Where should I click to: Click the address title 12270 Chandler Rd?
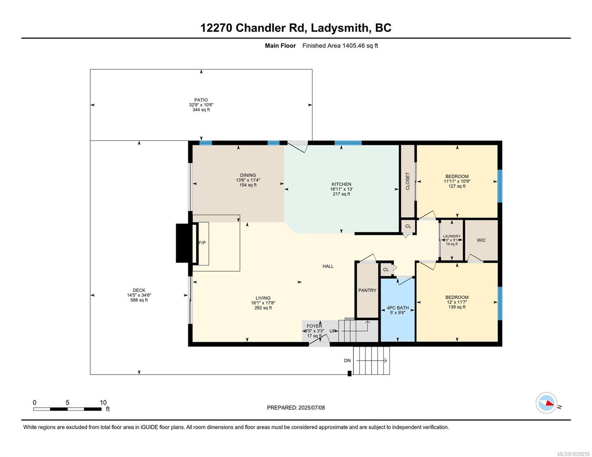296,28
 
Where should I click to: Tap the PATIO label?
201,100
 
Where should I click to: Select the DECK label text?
139,290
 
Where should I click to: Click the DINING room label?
248,175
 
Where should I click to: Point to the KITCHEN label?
341,184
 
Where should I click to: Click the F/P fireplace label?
202,243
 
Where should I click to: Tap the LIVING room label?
263,298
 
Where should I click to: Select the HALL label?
328,266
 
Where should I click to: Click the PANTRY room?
367,290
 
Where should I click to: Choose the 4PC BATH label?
398,308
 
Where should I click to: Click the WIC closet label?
481,240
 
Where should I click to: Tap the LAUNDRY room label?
452,236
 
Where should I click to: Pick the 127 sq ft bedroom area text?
457,186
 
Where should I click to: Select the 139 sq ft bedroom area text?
457,307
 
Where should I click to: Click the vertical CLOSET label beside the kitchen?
408,181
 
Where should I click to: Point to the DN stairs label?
347,361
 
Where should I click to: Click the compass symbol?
547,403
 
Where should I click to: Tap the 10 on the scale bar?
103,403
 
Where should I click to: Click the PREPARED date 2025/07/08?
296,407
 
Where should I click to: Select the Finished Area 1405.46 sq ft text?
340,46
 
